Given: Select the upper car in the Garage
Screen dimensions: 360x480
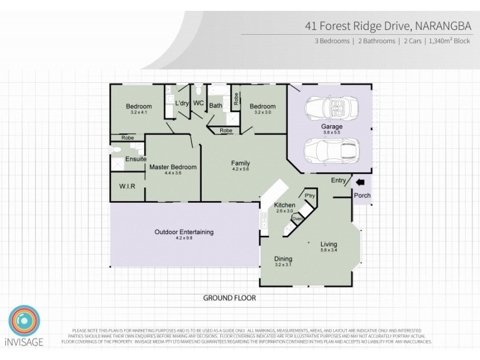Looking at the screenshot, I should [329, 109].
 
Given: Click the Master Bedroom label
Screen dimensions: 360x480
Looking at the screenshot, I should [173, 167].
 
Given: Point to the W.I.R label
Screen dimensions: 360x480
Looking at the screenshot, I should [127, 187].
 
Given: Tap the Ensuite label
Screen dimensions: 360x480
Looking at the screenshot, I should [134, 160].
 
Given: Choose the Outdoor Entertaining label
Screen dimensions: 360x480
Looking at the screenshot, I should [184, 232].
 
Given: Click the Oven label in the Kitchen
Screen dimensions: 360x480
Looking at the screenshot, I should [297, 218].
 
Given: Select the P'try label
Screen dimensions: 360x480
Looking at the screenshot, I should [310, 196].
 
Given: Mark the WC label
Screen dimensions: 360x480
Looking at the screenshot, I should [199, 103].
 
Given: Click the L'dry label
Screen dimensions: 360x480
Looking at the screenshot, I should [182, 104].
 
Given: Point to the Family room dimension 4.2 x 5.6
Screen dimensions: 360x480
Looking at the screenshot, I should [241, 169].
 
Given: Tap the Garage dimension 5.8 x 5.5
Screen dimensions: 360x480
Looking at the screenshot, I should [331, 133].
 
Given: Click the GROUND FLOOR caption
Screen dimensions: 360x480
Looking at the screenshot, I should [229, 298].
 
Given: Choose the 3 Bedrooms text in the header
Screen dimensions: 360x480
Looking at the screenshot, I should [332, 41].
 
